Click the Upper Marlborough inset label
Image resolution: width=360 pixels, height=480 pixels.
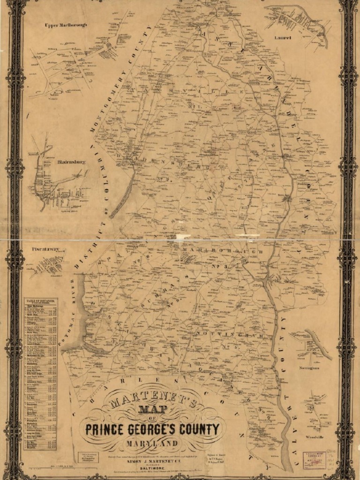point(66,24)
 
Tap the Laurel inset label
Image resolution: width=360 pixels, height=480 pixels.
point(283,37)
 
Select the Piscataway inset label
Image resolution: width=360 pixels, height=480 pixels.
point(45,249)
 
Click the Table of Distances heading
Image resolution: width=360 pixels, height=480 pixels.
point(40,301)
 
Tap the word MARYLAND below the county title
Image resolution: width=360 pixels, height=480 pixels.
point(151,443)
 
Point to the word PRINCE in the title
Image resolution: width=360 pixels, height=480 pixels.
point(105,429)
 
